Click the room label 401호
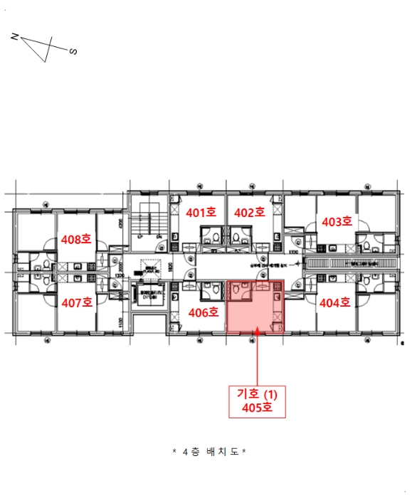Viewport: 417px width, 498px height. point(201,212)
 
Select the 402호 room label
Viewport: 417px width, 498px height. point(249,212)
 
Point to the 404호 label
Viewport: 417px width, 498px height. point(334,302)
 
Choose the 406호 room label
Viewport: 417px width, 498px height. point(202,312)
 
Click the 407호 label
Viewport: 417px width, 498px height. point(78,302)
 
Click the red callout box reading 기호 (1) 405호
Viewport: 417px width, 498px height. point(257,401)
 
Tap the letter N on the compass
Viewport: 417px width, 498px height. point(15,36)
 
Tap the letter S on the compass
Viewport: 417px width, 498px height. point(73,51)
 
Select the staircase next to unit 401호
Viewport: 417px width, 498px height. point(148,221)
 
